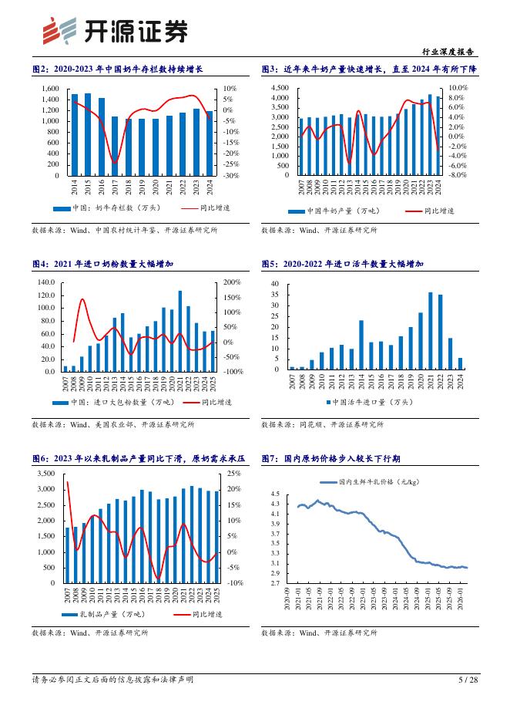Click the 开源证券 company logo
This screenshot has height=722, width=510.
coord(112,32)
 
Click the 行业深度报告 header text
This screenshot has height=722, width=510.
coord(448,52)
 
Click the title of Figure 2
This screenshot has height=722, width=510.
coord(116,69)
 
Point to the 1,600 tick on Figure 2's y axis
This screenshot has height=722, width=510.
coord(49,89)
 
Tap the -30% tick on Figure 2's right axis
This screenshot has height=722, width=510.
coord(231,176)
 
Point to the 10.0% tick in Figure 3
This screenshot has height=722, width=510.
coord(458,89)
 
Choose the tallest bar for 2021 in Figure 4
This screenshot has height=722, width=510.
coord(180,331)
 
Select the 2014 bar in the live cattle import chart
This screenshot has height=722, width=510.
coord(361,345)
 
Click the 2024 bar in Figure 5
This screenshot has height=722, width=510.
coord(461,363)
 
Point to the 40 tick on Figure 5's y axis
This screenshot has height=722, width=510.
coord(275,285)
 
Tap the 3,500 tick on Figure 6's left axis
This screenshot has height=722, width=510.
coord(46,474)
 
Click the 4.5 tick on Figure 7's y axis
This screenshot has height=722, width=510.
coord(275,494)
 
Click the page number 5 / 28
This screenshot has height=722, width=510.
coord(468,680)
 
